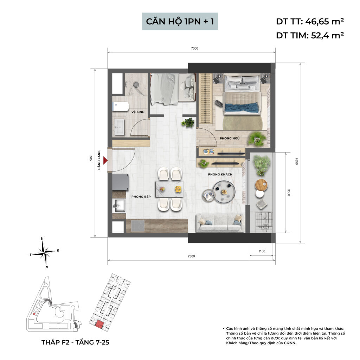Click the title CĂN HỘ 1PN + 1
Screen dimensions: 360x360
click(182, 22)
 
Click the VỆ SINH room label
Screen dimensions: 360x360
click(139, 112)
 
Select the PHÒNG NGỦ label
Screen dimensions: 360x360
click(230, 139)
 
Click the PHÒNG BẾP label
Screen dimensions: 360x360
click(141, 197)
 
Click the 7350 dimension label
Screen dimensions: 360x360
click(91, 158)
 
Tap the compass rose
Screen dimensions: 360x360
click(45, 251)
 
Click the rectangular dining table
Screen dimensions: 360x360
click(169, 189)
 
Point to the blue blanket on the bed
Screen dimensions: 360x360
click(242, 107)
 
